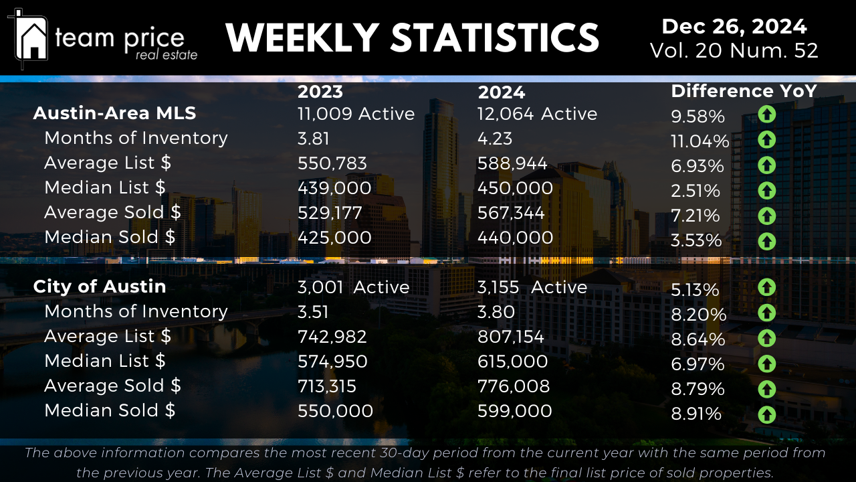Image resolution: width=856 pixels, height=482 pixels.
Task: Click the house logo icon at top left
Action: [31, 37]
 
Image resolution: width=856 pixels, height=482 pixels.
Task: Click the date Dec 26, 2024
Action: [734, 27]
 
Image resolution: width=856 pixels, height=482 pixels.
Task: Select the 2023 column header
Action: [320, 92]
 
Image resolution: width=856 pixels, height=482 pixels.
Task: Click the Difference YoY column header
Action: [744, 91]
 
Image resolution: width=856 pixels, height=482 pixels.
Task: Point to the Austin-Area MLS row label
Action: [114, 113]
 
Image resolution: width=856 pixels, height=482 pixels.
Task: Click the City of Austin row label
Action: [100, 287]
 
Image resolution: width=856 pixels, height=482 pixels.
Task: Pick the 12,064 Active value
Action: [537, 114]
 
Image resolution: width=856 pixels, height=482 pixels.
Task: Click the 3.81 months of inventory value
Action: [314, 139]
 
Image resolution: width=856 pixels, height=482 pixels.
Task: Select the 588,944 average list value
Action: [512, 163]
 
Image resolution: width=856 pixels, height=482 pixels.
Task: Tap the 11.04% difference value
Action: [700, 141]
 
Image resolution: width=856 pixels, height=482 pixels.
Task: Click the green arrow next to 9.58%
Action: [766, 115]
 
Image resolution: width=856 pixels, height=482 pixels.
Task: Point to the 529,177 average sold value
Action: [330, 213]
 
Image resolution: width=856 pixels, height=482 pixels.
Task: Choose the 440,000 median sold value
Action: [515, 238]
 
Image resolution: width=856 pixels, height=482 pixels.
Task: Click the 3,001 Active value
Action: [353, 287]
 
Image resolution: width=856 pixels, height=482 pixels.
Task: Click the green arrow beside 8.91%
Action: [766, 414]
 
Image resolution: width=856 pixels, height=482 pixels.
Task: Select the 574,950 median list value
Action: [332, 361]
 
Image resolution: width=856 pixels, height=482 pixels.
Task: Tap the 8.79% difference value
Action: [698, 389]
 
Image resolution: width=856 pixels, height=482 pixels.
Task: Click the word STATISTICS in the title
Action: [495, 37]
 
